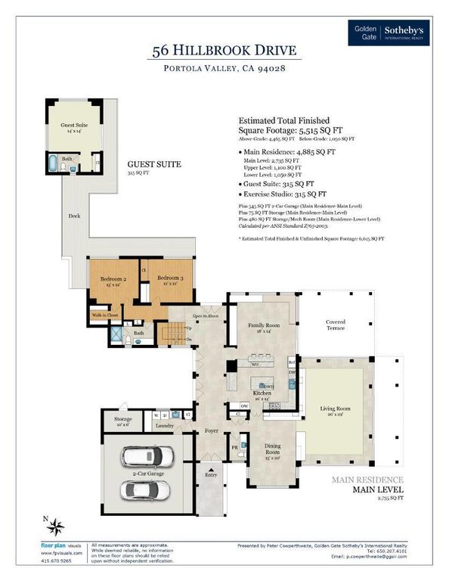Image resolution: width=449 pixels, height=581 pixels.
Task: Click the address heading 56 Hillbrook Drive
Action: (224, 51)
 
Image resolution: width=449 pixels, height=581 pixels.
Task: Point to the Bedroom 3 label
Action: (169, 281)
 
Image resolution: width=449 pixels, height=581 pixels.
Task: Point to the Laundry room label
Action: (165, 426)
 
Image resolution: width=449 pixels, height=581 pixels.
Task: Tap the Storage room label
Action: (122, 421)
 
